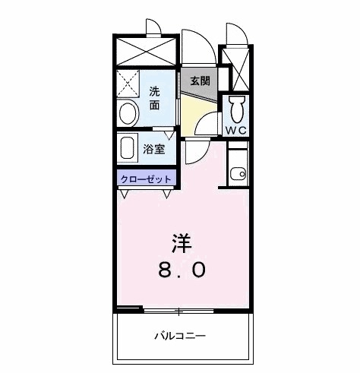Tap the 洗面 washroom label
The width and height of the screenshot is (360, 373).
[x=154, y=97]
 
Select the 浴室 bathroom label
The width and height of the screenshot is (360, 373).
[x=154, y=149]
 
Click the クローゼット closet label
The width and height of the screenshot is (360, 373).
[x=146, y=180]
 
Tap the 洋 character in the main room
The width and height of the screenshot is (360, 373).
[x=181, y=243]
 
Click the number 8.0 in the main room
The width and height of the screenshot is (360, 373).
[x=181, y=270]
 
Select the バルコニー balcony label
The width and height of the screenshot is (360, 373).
[x=181, y=335]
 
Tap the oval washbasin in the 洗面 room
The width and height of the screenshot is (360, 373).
[x=128, y=112]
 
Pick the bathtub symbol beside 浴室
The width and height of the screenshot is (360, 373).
[x=128, y=148]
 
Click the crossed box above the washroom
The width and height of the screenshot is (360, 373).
[x=147, y=52]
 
